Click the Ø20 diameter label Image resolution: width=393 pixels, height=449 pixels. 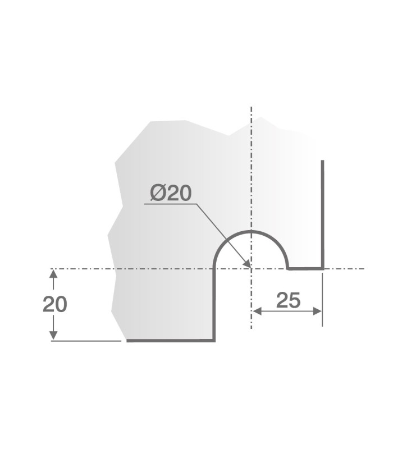171,194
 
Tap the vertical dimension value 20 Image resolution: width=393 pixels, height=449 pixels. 55,304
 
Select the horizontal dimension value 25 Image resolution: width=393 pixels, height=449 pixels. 289,301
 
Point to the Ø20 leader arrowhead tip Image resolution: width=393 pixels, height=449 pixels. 250,267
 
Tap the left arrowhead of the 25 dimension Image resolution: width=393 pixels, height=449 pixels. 255,311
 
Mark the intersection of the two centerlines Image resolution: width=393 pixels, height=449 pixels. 252,269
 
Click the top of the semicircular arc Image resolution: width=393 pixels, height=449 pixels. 252,231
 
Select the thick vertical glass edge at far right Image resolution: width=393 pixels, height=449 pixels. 323,213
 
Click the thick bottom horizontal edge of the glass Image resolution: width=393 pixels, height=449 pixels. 168,340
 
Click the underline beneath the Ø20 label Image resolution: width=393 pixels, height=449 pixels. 168,204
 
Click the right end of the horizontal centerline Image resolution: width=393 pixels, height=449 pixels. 364,269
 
